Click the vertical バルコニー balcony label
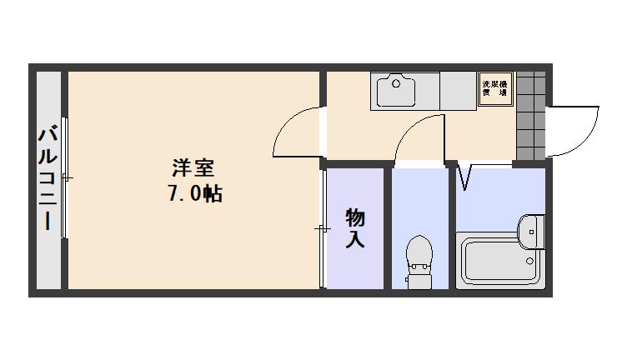pyautogui.click(x=47, y=178)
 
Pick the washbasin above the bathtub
pyautogui.click(x=530, y=230)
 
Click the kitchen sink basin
pyautogui.click(x=397, y=91)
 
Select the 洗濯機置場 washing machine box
pyautogui.click(x=495, y=89)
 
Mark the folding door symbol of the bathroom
pyautogui.click(x=464, y=177)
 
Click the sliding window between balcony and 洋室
pyautogui.click(x=65, y=178)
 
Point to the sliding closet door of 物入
pyautogui.click(x=323, y=227)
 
